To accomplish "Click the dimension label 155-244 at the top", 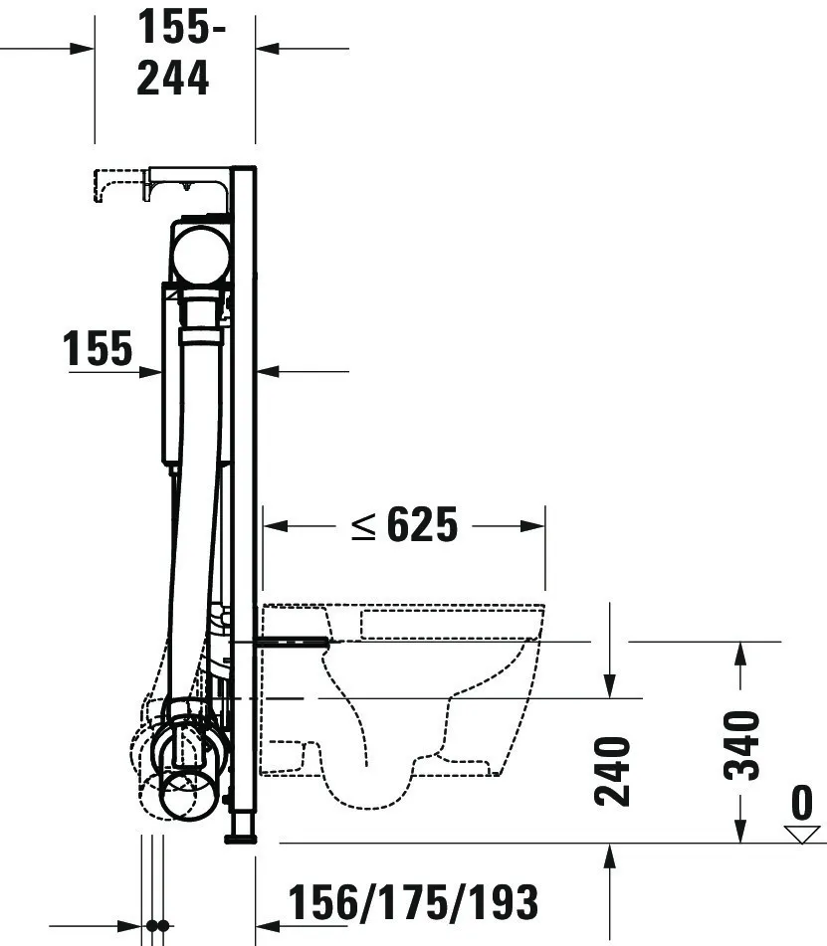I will tap(175, 53).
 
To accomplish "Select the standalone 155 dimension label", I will tap(97, 349).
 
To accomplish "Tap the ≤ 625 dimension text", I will tap(404, 526).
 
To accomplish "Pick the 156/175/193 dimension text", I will tap(413, 902).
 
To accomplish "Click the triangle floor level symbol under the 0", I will tap(801, 833).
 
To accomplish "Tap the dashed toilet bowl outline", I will tap(418, 696).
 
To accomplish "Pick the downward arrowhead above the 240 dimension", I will tap(609, 686).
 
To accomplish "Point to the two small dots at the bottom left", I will tap(156, 925).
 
